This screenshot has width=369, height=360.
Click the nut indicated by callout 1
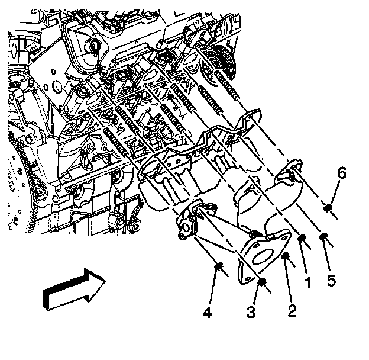(302, 239)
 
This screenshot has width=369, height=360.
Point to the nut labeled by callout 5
(324, 237)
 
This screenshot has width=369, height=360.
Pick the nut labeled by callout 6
(328, 207)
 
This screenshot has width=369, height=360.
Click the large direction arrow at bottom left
(74, 288)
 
